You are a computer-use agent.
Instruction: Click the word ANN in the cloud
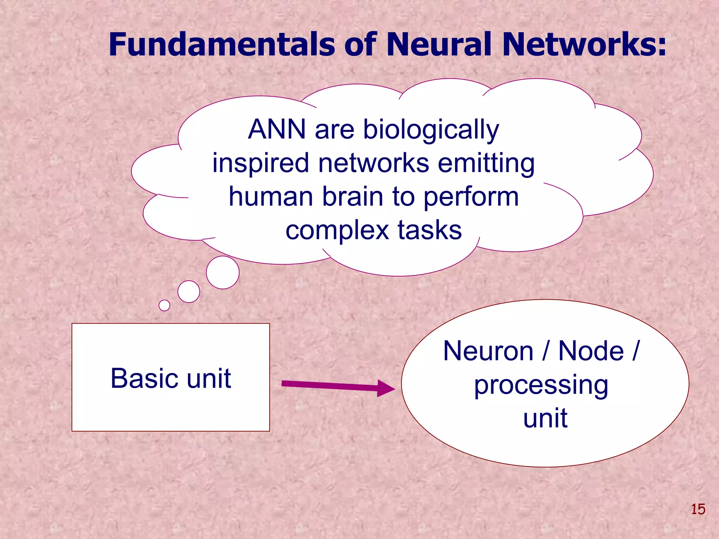pyautogui.click(x=277, y=129)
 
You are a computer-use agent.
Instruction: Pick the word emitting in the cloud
pyautogui.click(x=486, y=164)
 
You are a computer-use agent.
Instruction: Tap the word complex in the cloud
pyautogui.click(x=337, y=231)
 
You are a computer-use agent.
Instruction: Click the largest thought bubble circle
pyautogui.click(x=223, y=272)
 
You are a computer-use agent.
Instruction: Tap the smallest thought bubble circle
pyautogui.click(x=164, y=305)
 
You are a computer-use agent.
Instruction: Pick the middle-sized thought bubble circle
pyautogui.click(x=189, y=292)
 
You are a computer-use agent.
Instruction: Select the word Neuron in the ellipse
pyautogui.click(x=488, y=351)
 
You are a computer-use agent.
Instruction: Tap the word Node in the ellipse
pyautogui.click(x=591, y=351)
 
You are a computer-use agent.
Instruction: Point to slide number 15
pyautogui.click(x=698, y=509)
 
